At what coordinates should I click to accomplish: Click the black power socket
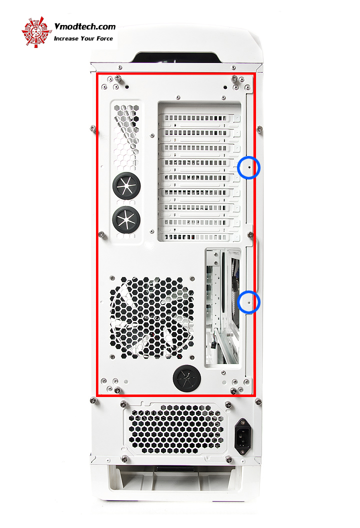click(x=242, y=436)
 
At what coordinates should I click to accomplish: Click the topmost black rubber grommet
click(x=126, y=186)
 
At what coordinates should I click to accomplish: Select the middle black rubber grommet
click(x=126, y=219)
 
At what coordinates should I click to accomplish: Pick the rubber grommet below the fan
click(x=187, y=378)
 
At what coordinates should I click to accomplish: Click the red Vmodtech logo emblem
click(x=36, y=32)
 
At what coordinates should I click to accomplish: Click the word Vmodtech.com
click(x=85, y=26)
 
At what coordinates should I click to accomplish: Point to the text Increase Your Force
click(x=83, y=38)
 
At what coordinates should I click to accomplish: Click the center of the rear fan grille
click(x=151, y=317)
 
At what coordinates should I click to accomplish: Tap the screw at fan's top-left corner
click(x=112, y=278)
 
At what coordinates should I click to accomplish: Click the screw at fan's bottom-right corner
click(x=192, y=357)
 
